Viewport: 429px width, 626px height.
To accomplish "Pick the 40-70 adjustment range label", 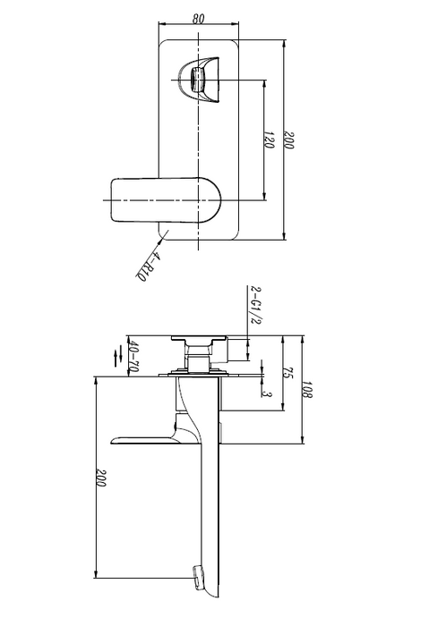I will pyautogui.click(x=134, y=355).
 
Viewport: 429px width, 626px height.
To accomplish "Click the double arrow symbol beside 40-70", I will pyautogui.click(x=116, y=355).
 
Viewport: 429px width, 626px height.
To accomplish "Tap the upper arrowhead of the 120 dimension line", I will pyautogui.click(x=265, y=82).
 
